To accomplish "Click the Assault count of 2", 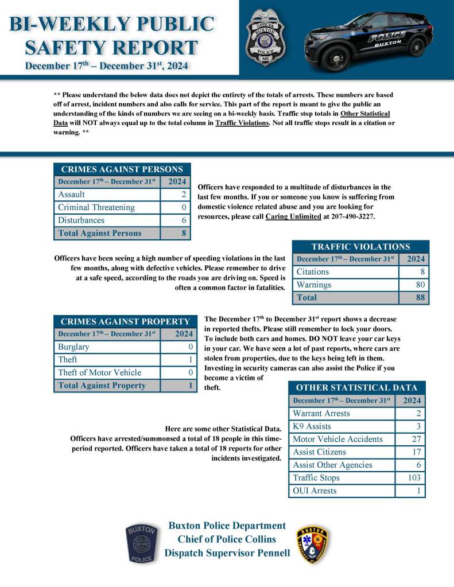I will pyautogui.click(x=183, y=195).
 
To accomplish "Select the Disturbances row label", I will pyautogui.click(x=82, y=220).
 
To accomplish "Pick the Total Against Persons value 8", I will pyautogui.click(x=183, y=233).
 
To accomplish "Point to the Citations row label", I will pyautogui.click(x=313, y=271).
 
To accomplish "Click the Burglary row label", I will pyautogui.click(x=73, y=347).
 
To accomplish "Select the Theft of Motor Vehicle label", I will pyautogui.click(x=99, y=372).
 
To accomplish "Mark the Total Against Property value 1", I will pyautogui.click(x=189, y=386).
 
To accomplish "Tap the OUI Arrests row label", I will pyautogui.click(x=315, y=491).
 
